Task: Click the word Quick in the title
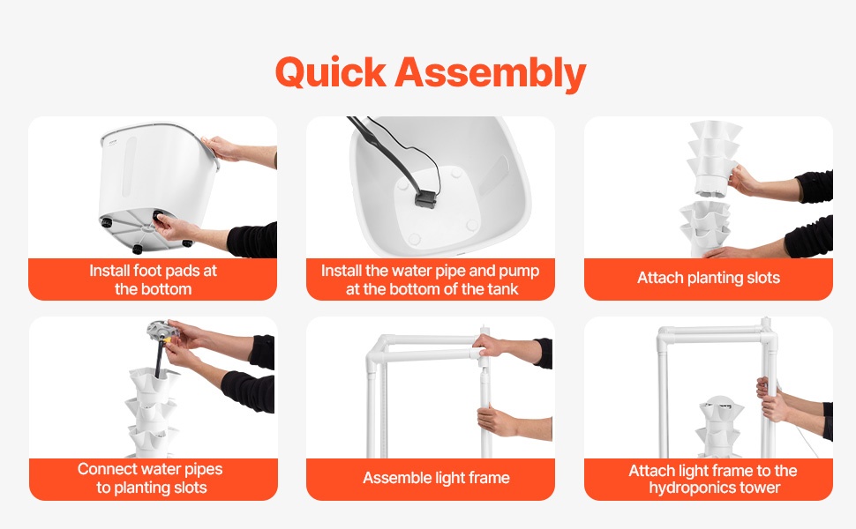(331, 73)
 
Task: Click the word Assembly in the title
(491, 73)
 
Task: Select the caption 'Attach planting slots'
(708, 278)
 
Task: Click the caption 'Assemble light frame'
(436, 478)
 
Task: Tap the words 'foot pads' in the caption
(176, 271)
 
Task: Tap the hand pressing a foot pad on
(175, 227)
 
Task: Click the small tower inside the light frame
(721, 427)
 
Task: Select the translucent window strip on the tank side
(130, 167)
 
